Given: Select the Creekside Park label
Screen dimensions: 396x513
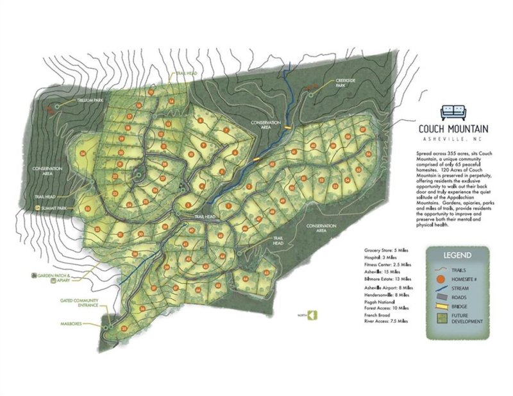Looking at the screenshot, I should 346,84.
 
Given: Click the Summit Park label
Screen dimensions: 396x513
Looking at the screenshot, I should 53,208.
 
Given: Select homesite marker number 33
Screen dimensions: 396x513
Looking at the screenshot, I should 87,209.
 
